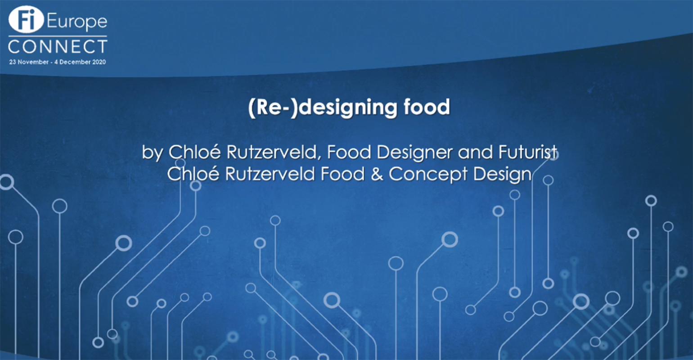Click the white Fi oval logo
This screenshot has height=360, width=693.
click(26, 19)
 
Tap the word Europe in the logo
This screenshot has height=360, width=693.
click(77, 22)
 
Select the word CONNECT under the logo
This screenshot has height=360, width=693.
click(58, 47)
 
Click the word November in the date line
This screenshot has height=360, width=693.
click(33, 62)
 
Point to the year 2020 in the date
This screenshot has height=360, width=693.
click(99, 62)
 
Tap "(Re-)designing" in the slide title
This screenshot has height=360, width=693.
click(322, 108)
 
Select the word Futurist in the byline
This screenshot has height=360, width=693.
click(528, 152)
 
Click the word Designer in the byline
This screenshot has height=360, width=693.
click(414, 153)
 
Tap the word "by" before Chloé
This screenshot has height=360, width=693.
click(152, 153)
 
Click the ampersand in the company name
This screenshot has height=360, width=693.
click(377, 174)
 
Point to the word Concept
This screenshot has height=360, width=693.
click(428, 174)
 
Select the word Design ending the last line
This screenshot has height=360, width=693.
click(502, 174)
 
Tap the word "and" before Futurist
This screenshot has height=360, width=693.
click(476, 152)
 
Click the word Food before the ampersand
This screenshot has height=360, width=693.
click(342, 174)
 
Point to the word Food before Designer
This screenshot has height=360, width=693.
click(349, 152)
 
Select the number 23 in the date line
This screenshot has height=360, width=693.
click(13, 62)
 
